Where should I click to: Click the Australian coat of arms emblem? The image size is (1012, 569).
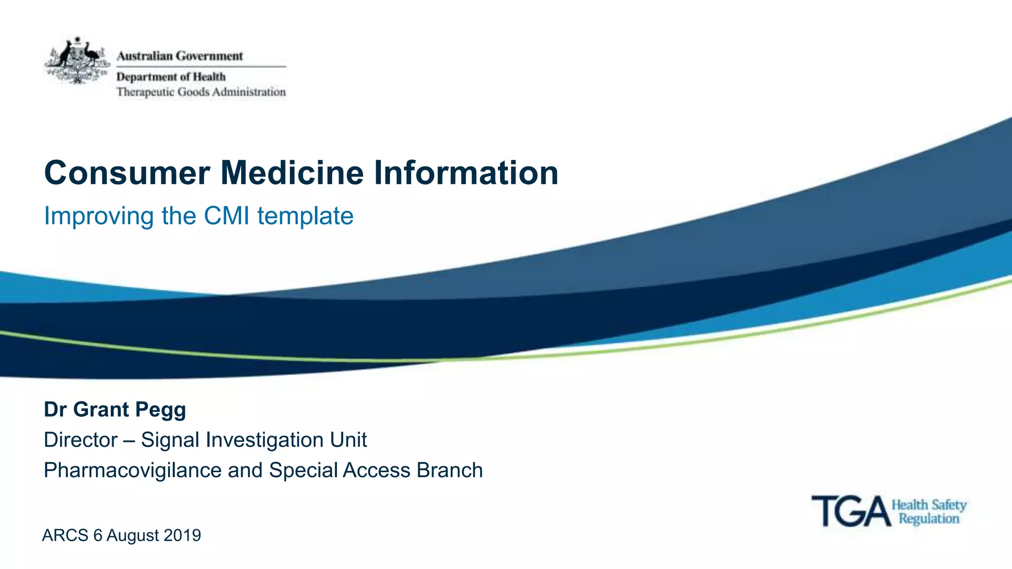[x=77, y=60]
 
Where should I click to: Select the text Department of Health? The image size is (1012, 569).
[x=171, y=77]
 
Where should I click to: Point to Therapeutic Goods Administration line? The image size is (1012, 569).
[x=201, y=92]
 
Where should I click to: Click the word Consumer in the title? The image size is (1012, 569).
[x=127, y=173]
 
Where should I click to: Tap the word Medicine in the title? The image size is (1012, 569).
[x=292, y=173]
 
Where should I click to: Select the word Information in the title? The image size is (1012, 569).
[x=466, y=173]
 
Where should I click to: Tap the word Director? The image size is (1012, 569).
[x=81, y=440]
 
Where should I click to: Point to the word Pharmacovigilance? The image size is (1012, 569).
[x=132, y=470]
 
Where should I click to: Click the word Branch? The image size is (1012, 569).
[x=450, y=470]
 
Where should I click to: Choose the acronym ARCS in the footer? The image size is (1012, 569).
[x=65, y=535]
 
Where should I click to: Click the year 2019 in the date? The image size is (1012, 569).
[x=182, y=535]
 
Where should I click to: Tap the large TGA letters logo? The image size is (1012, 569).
[x=851, y=512]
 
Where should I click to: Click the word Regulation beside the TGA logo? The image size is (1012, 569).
[x=929, y=519]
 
